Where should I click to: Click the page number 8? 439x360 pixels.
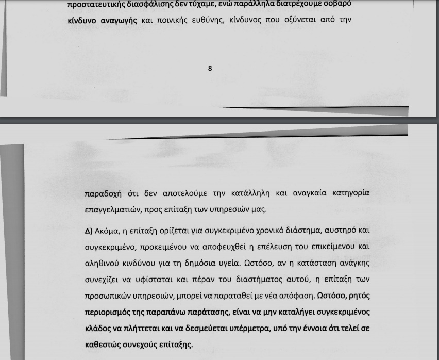(x=210, y=68)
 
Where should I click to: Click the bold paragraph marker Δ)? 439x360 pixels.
(x=89, y=231)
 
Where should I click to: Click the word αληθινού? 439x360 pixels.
(x=103, y=263)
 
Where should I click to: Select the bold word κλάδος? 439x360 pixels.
(x=99, y=330)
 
